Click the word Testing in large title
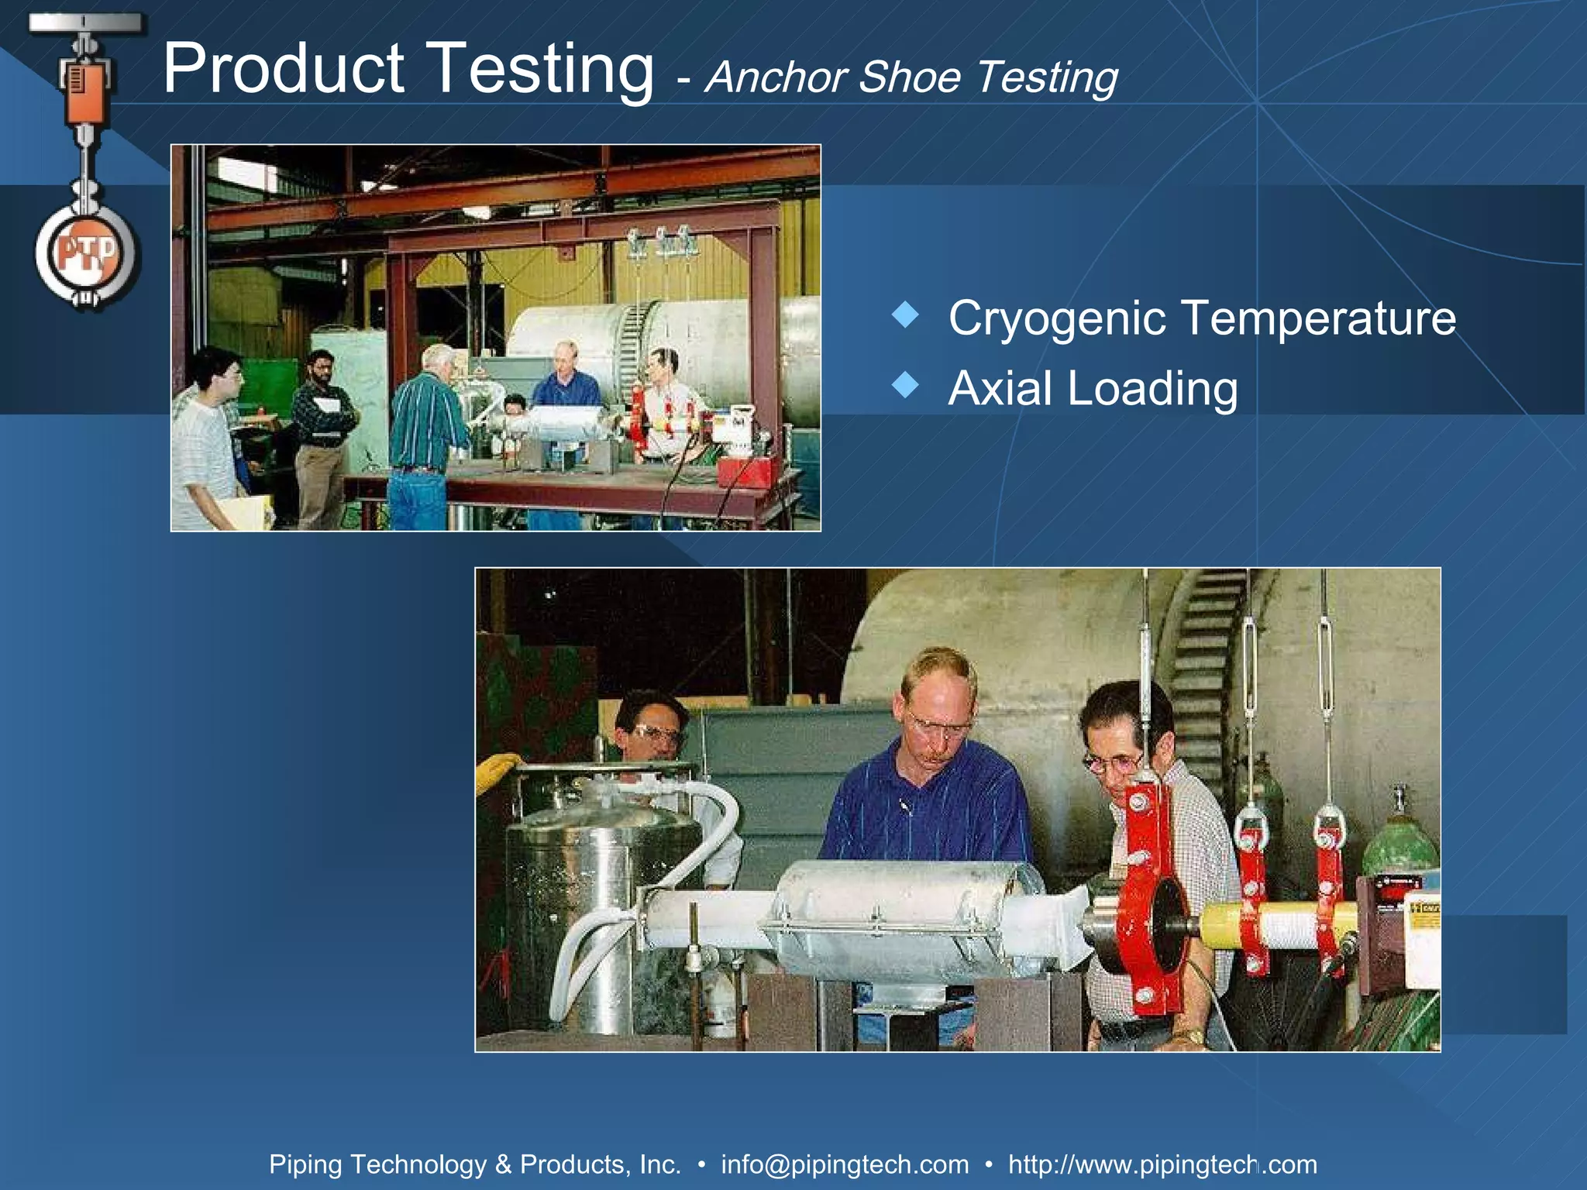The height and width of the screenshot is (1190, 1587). click(540, 70)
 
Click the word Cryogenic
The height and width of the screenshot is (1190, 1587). click(1056, 319)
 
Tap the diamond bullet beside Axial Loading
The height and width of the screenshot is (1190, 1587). click(905, 383)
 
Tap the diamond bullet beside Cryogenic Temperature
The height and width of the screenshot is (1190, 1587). click(905, 315)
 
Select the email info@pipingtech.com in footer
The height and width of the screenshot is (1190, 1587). click(845, 1164)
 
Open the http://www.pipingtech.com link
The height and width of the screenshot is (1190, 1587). click(1162, 1164)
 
